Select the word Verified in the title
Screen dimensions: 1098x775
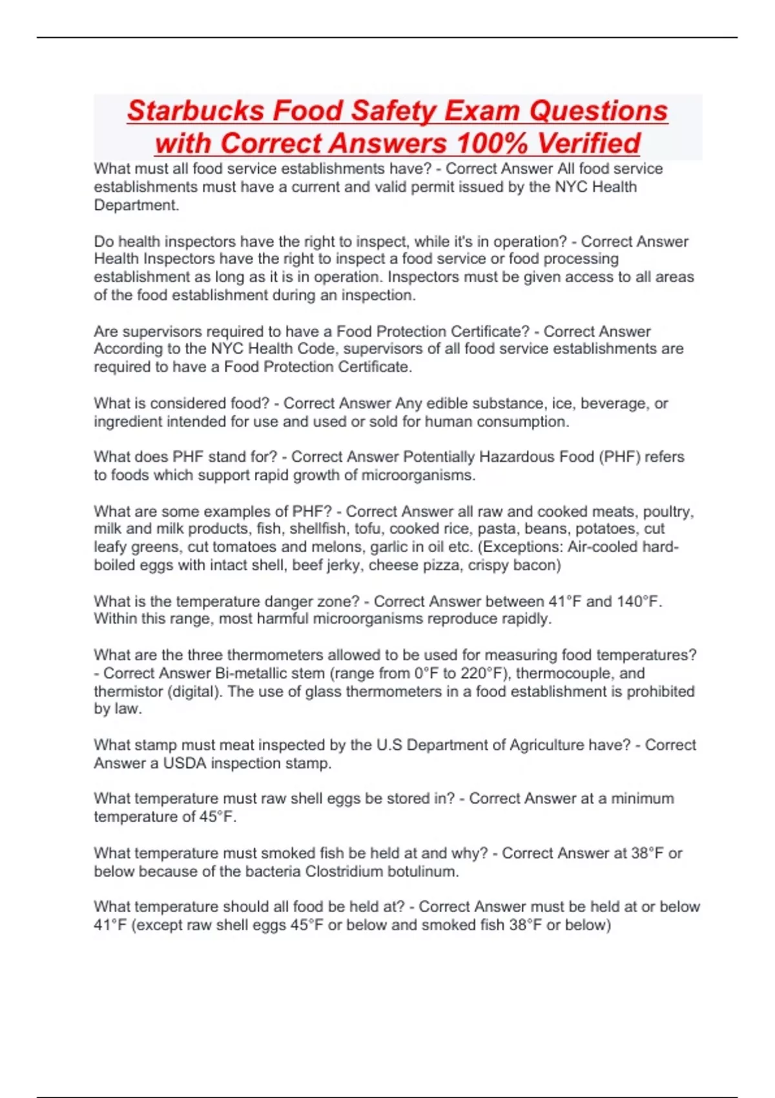tap(588, 143)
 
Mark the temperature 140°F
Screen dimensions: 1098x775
tap(638, 601)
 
